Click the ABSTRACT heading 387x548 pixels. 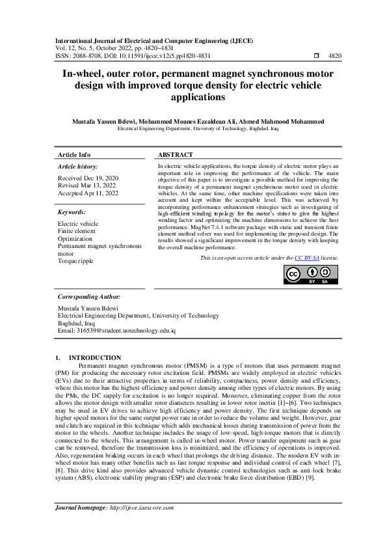176,155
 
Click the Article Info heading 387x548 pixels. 74,155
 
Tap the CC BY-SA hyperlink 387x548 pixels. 307,258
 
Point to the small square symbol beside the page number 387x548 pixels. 316,57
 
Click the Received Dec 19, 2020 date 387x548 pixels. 88,178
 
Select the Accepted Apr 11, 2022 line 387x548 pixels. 88,193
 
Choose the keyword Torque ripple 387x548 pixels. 75,260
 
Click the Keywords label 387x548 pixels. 72,212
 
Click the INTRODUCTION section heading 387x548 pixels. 95,357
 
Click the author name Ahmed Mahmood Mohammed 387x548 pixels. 280,122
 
